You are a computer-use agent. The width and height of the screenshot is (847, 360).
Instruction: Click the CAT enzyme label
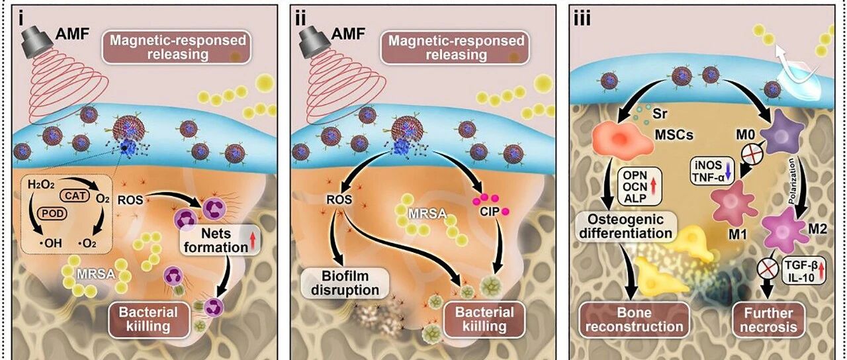click(74, 195)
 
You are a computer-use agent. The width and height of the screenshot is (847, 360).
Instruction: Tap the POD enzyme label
click(52, 214)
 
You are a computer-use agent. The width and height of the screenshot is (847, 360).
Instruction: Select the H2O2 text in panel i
click(41, 185)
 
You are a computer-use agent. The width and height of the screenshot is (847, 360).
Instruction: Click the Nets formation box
click(217, 240)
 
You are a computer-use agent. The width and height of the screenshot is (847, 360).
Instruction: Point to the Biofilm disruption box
click(345, 283)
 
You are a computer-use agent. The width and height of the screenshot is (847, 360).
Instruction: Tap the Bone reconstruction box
click(634, 319)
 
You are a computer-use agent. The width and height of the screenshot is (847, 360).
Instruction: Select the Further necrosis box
click(768, 320)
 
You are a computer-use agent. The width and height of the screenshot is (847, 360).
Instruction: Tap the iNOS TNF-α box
click(712, 172)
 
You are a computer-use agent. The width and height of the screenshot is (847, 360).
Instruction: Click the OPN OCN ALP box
click(640, 187)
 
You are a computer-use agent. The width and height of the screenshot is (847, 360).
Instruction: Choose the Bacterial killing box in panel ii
click(484, 319)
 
